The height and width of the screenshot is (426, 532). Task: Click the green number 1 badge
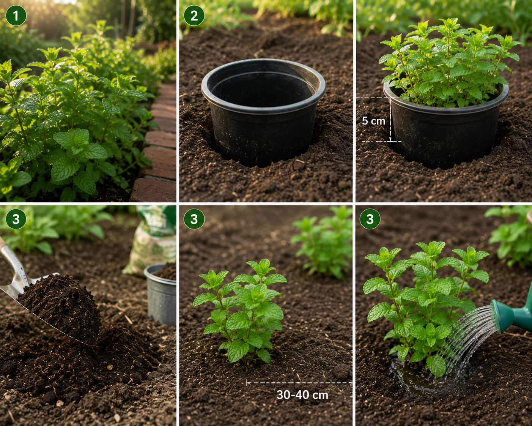(16, 16)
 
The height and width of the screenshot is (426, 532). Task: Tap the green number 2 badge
(194, 16)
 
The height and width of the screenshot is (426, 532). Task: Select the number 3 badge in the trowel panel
(16, 219)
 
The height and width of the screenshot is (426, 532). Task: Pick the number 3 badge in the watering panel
(370, 219)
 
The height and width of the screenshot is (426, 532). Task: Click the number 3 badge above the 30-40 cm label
(194, 219)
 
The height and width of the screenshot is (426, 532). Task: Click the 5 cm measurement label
(373, 121)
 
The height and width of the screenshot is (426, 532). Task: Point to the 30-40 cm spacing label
(302, 395)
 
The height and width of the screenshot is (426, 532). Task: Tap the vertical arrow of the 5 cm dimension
(390, 120)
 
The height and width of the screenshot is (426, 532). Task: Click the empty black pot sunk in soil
(263, 111)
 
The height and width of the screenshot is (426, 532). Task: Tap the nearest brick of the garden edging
(154, 190)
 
